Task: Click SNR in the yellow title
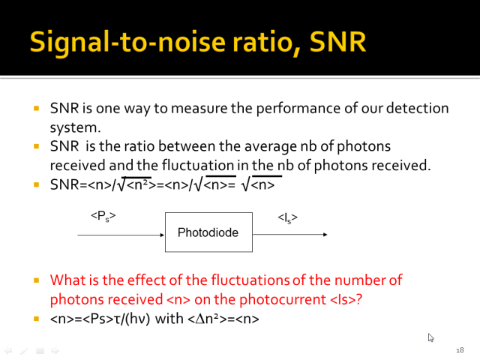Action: tap(337, 42)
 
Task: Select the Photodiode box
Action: tap(208, 232)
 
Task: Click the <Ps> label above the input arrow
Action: tap(103, 216)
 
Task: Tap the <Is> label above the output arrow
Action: tap(287, 218)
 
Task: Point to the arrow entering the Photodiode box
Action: tap(121, 235)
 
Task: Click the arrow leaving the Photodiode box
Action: tap(290, 235)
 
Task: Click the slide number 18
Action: tap(460, 350)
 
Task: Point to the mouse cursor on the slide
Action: tap(430, 337)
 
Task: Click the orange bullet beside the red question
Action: tap(37, 280)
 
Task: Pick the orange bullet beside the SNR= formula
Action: tap(37, 184)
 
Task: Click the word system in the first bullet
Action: tap(75, 128)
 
